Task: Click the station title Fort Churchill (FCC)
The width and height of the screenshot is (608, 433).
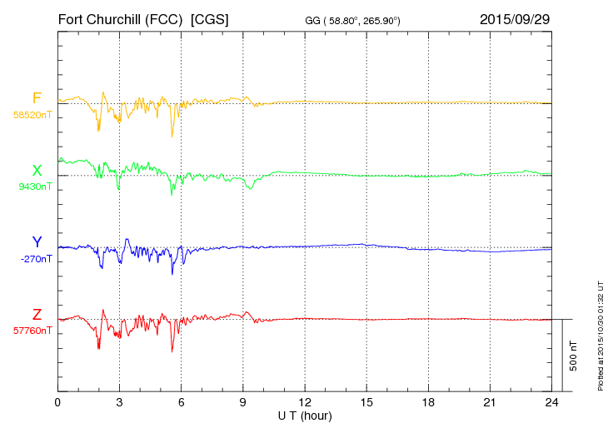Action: point(122,18)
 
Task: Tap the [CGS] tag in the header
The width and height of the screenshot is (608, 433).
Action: point(211,18)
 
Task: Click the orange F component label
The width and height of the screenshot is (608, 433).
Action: point(37,98)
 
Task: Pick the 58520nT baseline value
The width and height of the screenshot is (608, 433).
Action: point(32,114)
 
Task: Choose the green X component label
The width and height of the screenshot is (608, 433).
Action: point(37,171)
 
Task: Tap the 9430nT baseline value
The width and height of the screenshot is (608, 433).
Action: point(34,187)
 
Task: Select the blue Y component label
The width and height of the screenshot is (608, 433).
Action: point(37,242)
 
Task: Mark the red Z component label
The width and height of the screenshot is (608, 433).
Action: point(37,314)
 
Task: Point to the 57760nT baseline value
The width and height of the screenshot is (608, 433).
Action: point(32,330)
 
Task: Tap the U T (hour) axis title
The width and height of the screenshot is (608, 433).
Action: point(305,416)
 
